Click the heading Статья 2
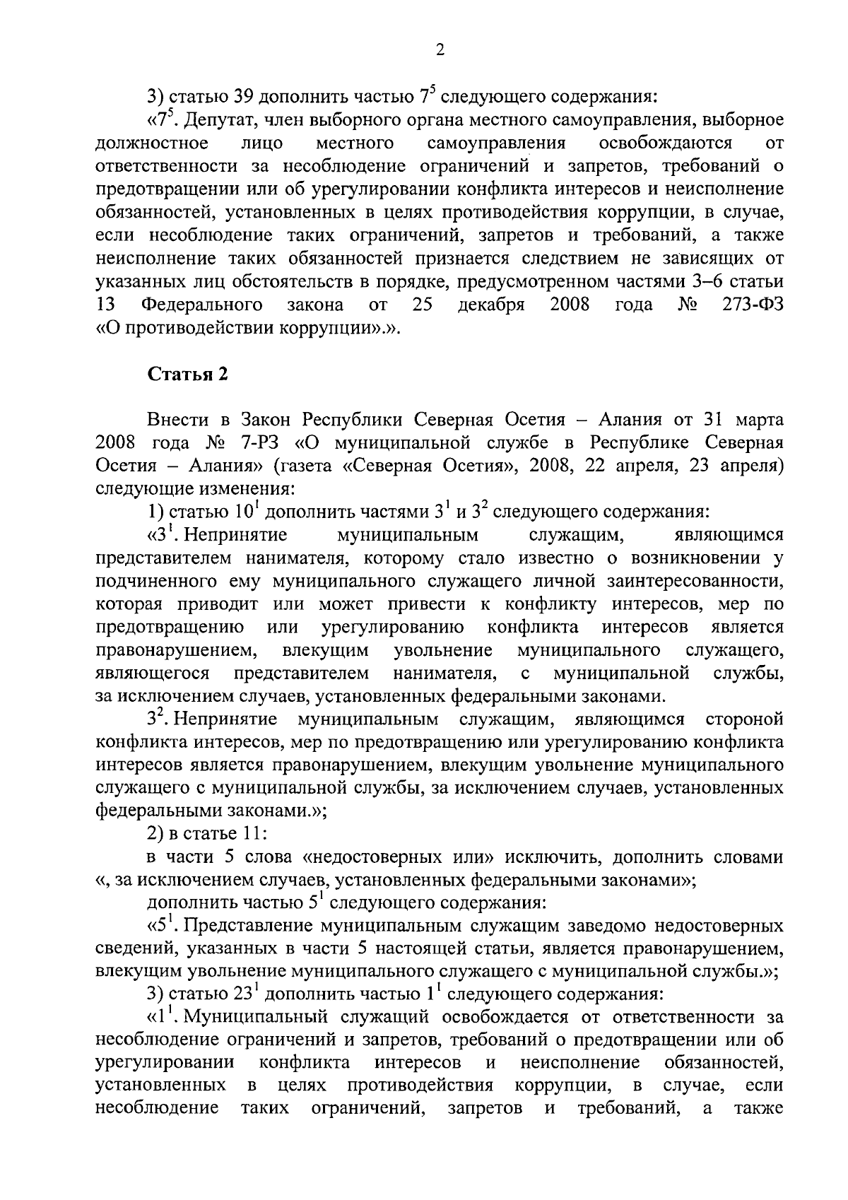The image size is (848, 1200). pyautogui.click(x=187, y=374)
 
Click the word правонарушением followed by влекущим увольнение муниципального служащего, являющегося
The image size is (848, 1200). pyautogui.click(x=175, y=649)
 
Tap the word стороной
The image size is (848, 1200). pyautogui.click(x=744, y=719)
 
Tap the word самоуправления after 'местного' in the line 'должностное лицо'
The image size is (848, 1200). pyautogui.click(x=496, y=143)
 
